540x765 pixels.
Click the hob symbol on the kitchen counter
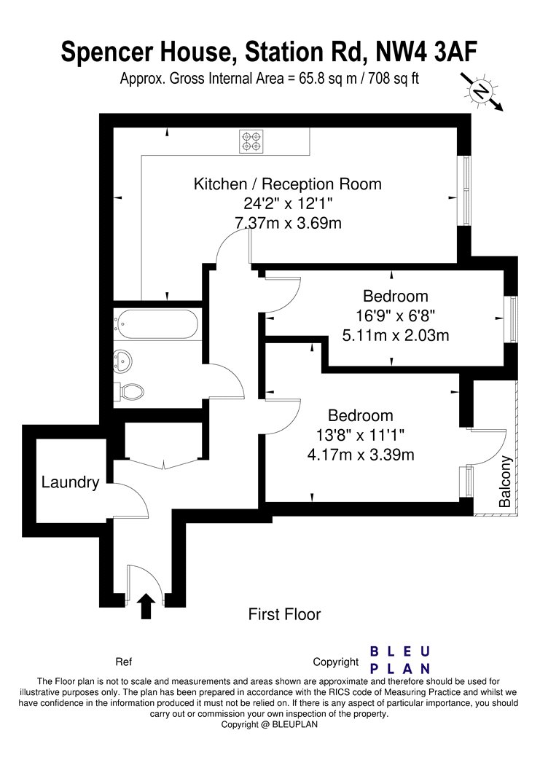tap(252, 141)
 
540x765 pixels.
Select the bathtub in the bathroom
tap(157, 323)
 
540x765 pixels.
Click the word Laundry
tap(70, 482)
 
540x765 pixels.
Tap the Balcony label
tap(505, 482)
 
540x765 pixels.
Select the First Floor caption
tap(285, 614)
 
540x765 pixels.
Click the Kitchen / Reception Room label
tap(287, 184)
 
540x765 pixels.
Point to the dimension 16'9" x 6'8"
tap(395, 316)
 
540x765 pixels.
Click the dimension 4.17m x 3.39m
tap(361, 455)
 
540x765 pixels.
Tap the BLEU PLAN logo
tap(401, 659)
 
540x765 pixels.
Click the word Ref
tap(124, 662)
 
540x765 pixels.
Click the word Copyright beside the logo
tap(336, 662)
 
